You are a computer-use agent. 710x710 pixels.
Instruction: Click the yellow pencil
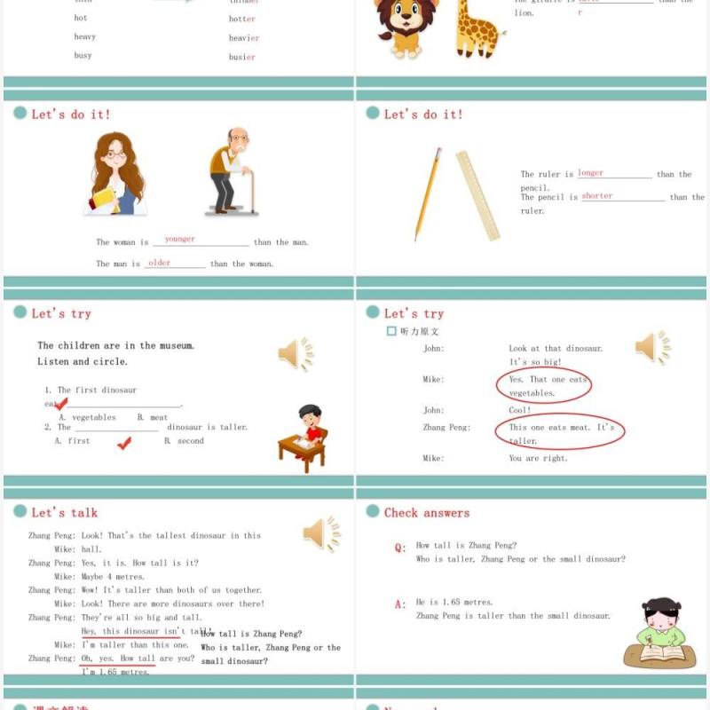(x=428, y=194)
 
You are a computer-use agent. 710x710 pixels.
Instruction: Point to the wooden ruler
(x=477, y=195)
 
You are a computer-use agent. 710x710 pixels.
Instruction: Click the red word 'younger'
(x=180, y=240)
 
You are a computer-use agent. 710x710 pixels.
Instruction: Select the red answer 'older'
(x=160, y=263)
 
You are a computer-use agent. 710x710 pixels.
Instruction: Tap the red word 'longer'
(x=590, y=173)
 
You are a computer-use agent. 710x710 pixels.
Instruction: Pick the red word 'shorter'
(x=597, y=196)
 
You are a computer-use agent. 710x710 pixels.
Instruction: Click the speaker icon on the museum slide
(x=296, y=354)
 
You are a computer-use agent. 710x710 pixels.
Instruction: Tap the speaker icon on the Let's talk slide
(x=321, y=534)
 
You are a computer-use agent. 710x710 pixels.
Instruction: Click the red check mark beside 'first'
(x=124, y=443)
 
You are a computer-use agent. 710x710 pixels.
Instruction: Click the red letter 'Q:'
(x=400, y=548)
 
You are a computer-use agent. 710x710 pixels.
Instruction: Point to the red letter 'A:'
(x=400, y=604)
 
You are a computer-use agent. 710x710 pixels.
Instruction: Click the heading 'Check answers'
(x=427, y=512)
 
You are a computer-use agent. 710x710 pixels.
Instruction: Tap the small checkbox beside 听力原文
(x=391, y=331)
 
